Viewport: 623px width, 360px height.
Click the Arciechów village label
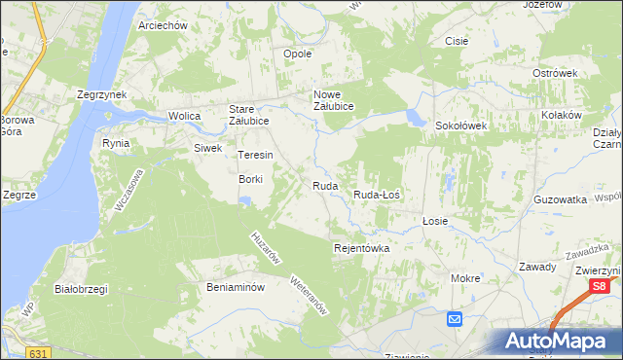point(163,25)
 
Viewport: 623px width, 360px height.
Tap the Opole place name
point(297,54)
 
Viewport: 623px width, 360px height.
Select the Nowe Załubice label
point(332,100)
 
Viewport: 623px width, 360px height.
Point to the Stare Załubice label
point(249,115)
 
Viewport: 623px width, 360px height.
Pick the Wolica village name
point(184,116)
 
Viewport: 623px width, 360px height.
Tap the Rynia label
point(116,142)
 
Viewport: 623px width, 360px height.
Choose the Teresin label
point(255,155)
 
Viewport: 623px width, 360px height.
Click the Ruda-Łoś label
point(377,195)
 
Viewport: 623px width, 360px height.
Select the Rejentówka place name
point(361,248)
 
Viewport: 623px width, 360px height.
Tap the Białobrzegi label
point(81,289)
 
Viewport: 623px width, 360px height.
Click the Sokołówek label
point(460,126)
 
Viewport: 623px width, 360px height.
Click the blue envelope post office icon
point(455,319)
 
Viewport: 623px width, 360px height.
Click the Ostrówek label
point(556,73)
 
